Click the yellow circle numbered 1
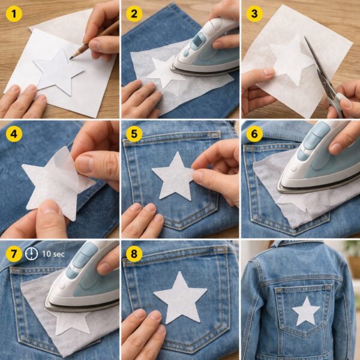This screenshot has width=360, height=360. coord(14,14)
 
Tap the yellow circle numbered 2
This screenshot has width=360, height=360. coord(134,14)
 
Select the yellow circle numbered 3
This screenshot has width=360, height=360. coord(254,14)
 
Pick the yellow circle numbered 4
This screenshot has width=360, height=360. coord(14,134)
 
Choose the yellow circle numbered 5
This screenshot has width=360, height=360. coord(134,134)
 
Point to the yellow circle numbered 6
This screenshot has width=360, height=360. coord(254,134)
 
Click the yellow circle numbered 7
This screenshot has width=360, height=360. coord(14,254)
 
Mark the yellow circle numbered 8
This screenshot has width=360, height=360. coord(134,254)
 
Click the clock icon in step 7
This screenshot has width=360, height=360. coord(31,254)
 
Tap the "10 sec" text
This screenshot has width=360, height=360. coord(53,254)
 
